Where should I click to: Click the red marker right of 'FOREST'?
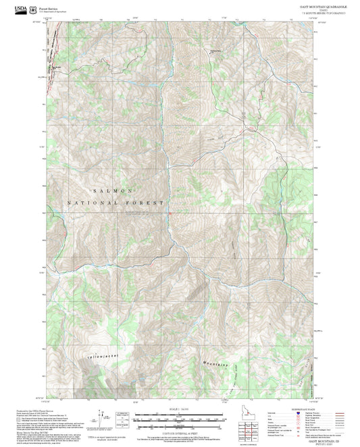point(170,215)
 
